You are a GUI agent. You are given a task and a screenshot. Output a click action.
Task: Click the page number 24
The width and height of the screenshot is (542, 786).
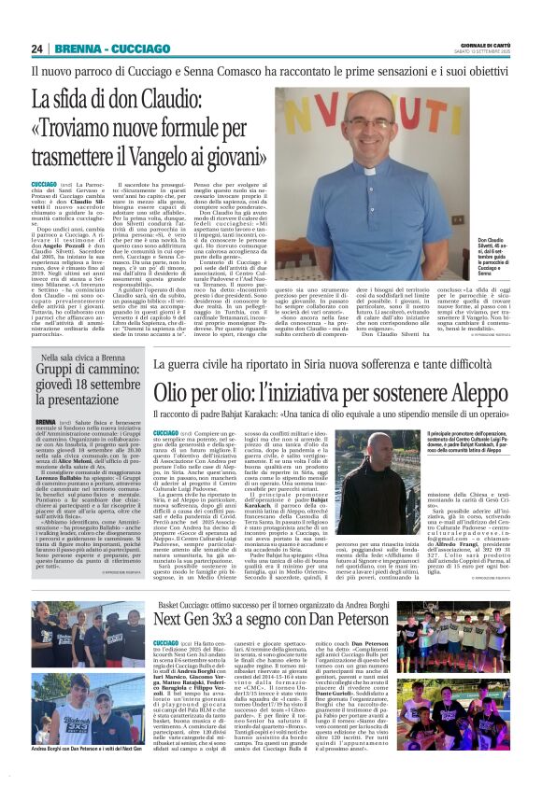[x=37, y=49]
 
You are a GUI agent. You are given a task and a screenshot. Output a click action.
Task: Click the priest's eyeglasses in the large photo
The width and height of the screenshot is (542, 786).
[x=368, y=126]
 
